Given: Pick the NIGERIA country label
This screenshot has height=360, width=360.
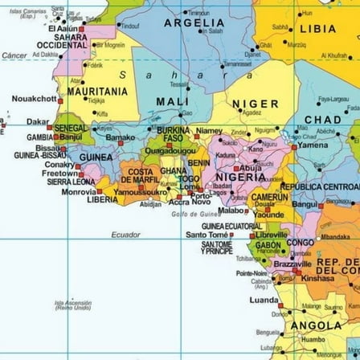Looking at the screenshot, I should [x=240, y=175].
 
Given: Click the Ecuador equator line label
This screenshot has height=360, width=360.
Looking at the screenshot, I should [x=125, y=235].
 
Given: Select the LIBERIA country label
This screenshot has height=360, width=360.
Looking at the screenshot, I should [x=102, y=198].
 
